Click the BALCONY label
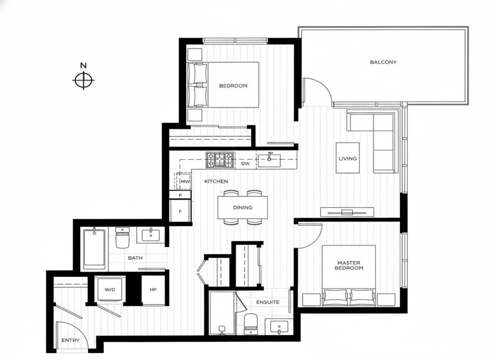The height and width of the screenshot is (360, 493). tap(383, 62)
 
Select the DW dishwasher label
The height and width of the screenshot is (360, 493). tap(245, 164)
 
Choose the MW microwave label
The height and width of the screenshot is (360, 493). tap(185, 182)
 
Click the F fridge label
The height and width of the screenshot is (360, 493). tap(180, 211)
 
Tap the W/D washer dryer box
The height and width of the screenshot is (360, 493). tap(110, 289)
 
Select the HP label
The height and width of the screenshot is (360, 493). tap(153, 290)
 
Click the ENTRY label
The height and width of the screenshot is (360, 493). tap(70, 340)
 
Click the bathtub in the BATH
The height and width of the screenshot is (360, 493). tap(94, 249)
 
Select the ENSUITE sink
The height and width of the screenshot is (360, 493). tap(279, 326)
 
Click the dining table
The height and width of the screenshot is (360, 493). tap(242, 207)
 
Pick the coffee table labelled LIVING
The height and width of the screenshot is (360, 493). tap(348, 158)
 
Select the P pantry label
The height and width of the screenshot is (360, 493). tap(180, 195)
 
